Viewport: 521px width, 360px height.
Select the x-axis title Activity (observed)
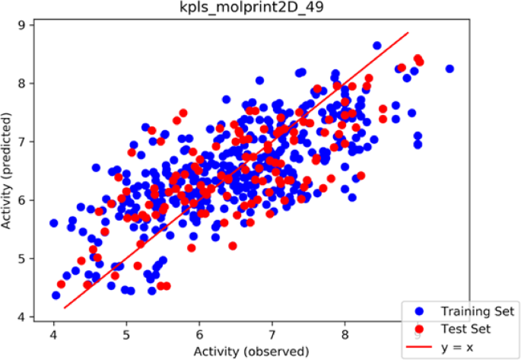point(252,351)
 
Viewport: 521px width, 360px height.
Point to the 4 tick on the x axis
point(54,333)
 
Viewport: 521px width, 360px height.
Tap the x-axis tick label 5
point(126,333)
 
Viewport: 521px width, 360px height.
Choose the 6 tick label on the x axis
point(199,333)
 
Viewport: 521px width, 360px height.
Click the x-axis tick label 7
point(272,333)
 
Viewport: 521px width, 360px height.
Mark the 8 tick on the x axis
point(345,333)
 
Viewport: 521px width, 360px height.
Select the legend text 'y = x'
point(455,346)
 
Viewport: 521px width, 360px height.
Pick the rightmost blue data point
point(450,68)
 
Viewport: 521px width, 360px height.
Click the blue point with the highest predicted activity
point(377,46)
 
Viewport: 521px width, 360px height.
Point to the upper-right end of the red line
point(408,33)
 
